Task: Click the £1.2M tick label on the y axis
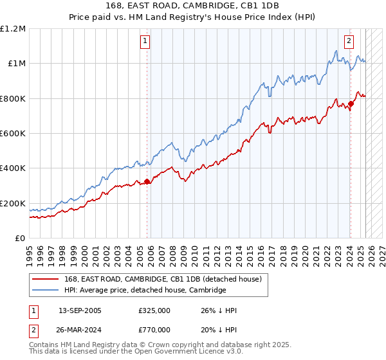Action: [13, 28]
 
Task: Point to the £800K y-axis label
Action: [13, 98]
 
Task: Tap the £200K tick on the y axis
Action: [13, 203]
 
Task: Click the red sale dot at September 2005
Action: [147, 181]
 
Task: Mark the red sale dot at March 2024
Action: [351, 104]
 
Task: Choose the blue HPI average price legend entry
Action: [145, 291]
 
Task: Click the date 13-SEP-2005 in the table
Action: [80, 310]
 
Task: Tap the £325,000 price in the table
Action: [154, 310]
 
